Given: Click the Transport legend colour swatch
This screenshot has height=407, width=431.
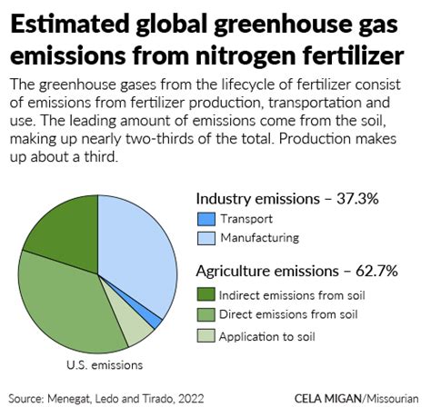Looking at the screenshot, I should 205,219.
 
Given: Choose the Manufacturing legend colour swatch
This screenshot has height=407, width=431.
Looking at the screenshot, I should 205,238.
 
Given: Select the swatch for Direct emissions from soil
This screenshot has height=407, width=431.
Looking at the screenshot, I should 205,313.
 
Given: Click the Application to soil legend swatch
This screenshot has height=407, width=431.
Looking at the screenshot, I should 205,335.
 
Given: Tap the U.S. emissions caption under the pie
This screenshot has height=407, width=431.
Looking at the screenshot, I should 105,365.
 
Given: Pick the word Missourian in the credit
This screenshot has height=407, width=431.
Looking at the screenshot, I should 394,397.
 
